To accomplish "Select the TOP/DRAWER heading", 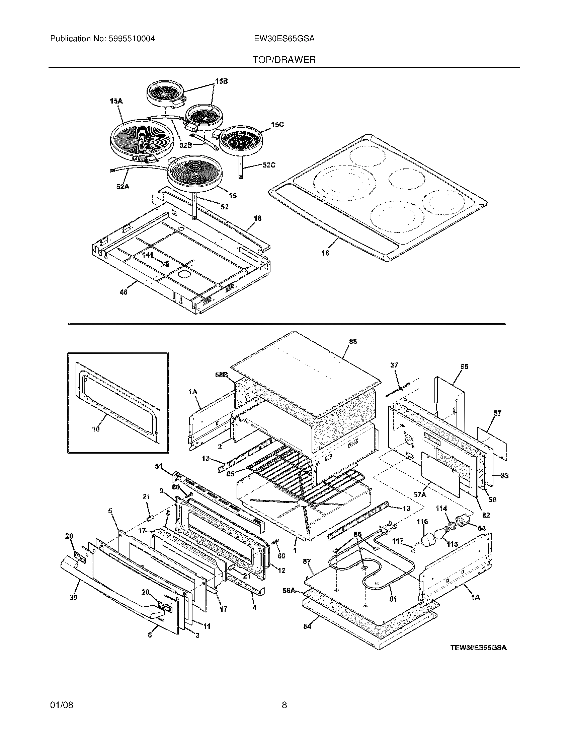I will (284, 60).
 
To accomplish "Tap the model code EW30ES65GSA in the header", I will (284, 39).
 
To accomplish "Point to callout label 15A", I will (115, 100).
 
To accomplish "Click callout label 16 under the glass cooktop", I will (325, 253).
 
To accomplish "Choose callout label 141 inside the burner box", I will (147, 255).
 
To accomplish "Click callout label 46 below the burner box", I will (124, 292).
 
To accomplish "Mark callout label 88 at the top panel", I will (352, 342).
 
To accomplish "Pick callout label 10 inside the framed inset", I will (96, 429).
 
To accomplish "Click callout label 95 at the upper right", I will (464, 366).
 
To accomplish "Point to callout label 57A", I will (420, 494).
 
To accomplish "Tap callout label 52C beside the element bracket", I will (269, 165).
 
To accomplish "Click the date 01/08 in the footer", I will (61, 695).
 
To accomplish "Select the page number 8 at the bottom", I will (284, 695).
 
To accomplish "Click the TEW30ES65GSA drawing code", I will (478, 648).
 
